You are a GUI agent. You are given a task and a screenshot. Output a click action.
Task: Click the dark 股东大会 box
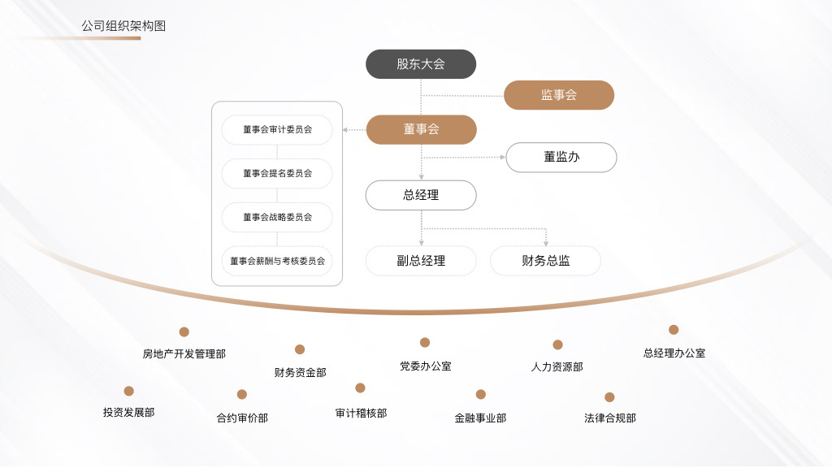coord(421,64)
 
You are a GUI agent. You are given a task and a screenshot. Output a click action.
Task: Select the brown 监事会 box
coord(559,95)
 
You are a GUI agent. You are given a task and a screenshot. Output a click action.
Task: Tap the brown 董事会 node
coord(422,129)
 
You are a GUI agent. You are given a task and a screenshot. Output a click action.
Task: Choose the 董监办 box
coord(561,157)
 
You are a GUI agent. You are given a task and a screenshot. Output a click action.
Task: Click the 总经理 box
coord(421,195)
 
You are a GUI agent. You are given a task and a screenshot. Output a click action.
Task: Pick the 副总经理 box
coord(421,261)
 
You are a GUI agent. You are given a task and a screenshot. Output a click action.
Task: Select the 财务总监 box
coord(545,261)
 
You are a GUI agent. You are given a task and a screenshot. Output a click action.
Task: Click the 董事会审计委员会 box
coord(277,129)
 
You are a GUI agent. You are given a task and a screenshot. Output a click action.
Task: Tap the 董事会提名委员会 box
coord(277,174)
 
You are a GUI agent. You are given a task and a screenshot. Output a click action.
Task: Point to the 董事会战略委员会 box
coord(277,217)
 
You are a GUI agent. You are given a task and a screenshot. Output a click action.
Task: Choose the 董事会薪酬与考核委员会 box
coord(277,261)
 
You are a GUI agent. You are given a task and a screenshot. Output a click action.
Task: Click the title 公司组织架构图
coord(123,26)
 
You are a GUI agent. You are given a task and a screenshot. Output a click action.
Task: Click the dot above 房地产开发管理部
coord(184,331)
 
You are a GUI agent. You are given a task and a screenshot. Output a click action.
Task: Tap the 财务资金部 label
coord(301,372)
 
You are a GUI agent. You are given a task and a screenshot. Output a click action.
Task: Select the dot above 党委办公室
coord(424,342)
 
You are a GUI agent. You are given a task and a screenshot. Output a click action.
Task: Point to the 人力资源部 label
coord(557,366)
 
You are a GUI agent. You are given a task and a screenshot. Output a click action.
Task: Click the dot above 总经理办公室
coord(674,330)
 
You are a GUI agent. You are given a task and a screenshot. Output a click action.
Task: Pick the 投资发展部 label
coord(129,412)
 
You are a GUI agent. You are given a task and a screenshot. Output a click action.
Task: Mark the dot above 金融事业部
coord(481,394)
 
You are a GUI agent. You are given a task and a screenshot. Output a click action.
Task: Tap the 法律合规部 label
coord(610,418)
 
